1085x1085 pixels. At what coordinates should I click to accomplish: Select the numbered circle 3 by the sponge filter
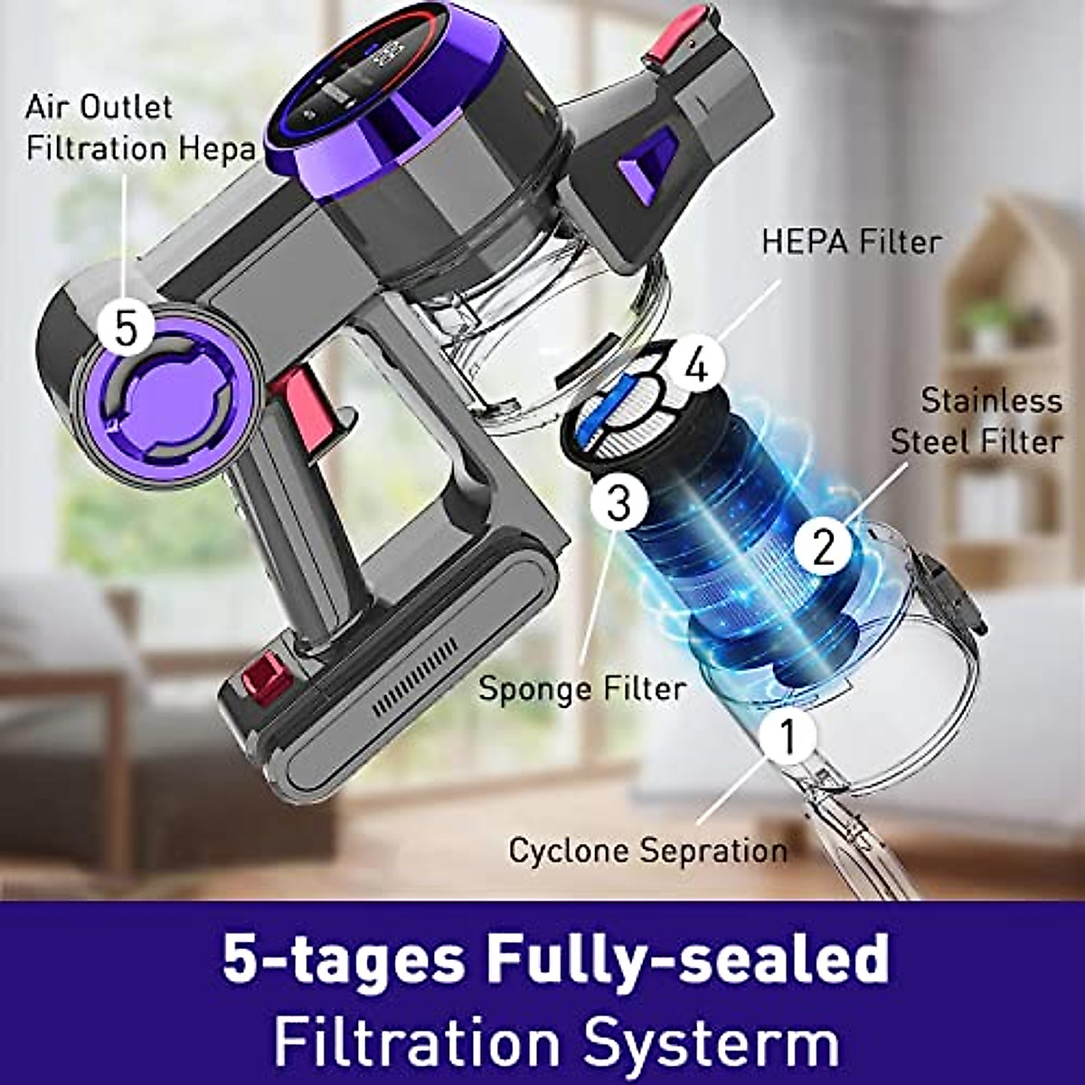[x=618, y=503]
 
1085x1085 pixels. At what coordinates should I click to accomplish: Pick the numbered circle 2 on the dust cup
[x=823, y=545]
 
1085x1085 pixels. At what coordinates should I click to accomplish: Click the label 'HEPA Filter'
[x=851, y=241]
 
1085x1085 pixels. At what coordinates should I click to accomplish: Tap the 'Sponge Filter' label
[x=581, y=688]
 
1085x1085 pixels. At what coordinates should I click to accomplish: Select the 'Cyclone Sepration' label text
[x=647, y=851]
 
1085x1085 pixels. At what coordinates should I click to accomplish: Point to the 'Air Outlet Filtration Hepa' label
[x=140, y=127]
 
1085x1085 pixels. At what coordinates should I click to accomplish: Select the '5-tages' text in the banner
[x=341, y=960]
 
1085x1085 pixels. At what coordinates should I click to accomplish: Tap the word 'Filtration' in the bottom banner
[x=420, y=1041]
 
